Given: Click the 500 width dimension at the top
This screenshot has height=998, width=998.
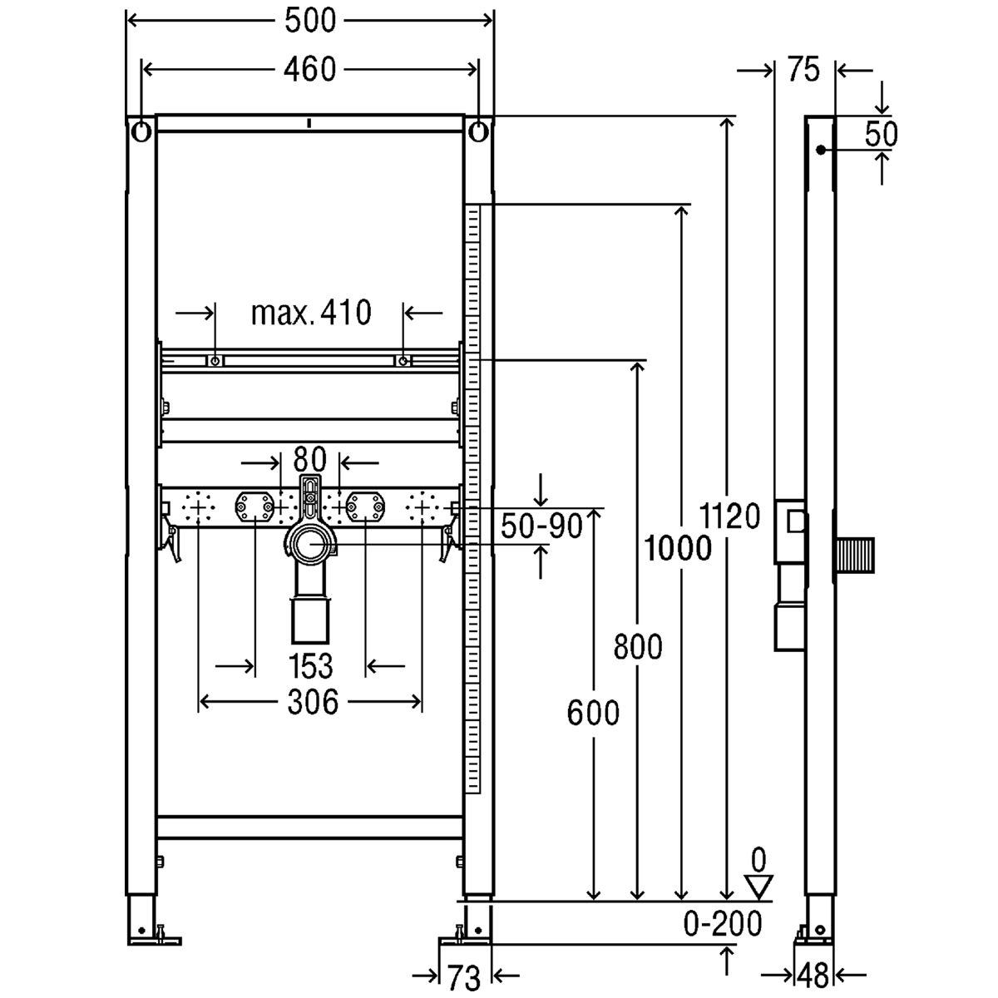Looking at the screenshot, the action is [x=310, y=22].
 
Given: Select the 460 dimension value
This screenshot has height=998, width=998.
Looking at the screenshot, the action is [x=309, y=69].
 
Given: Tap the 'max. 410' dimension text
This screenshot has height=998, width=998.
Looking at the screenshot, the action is [x=311, y=313].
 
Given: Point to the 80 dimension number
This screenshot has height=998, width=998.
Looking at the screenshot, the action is [x=309, y=459].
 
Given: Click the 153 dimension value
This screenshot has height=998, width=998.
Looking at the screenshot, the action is [x=310, y=666].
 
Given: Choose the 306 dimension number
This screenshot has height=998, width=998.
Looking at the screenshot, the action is [x=313, y=703].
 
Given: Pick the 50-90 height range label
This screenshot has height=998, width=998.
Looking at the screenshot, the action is [x=541, y=526].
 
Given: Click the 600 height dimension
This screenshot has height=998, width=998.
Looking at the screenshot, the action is [x=593, y=713].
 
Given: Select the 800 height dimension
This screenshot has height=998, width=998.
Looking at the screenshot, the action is [x=638, y=647].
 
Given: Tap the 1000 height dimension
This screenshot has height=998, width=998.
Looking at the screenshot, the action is [x=678, y=548].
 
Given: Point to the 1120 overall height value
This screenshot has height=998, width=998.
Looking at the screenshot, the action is [x=729, y=516].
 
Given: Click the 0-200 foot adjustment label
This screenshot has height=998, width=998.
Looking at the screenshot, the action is [x=723, y=923].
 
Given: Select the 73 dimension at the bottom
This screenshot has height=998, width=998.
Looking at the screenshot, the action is [x=464, y=978].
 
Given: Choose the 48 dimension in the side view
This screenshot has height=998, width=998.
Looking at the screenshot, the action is [x=813, y=976].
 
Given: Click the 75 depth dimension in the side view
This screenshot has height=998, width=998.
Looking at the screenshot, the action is [x=803, y=69].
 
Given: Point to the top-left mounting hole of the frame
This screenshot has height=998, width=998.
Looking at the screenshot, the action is [x=141, y=132].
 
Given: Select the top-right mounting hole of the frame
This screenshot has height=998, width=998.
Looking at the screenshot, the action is [x=478, y=132].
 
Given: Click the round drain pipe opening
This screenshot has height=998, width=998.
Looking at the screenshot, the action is [x=310, y=544].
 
